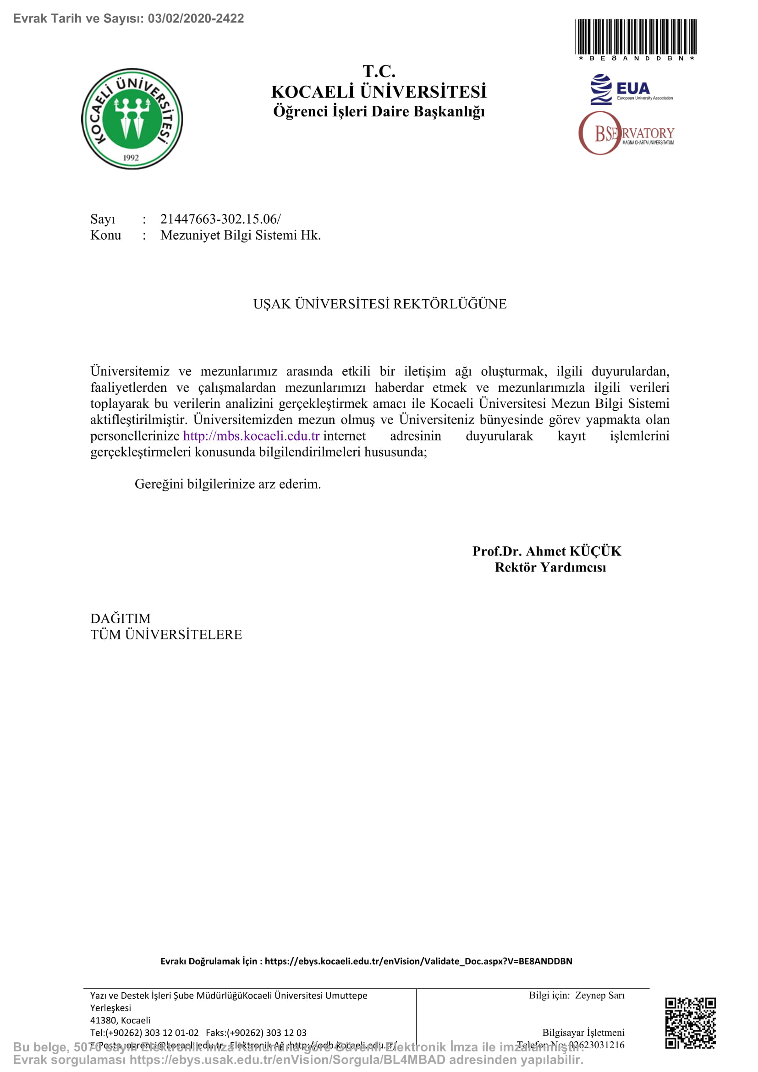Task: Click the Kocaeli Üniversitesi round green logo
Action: pyautogui.click(x=132, y=119)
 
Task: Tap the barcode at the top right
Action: pyautogui.click(x=636, y=37)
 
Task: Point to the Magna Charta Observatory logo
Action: pyautogui.click(x=626, y=133)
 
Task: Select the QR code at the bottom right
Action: pyautogui.click(x=690, y=1023)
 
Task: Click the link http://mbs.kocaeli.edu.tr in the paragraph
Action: pyautogui.click(x=251, y=436)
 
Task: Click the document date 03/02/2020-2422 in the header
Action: pyautogui.click(x=196, y=19)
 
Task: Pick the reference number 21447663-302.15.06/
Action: pyautogui.click(x=220, y=219)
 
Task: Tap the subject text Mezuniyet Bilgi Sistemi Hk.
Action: pyautogui.click(x=241, y=235)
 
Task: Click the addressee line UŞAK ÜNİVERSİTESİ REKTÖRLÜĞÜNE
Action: pyautogui.click(x=379, y=304)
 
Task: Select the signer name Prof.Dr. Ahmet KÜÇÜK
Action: pyautogui.click(x=547, y=551)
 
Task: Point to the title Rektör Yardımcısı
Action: pyautogui.click(x=550, y=567)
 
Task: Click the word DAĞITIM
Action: pyautogui.click(x=121, y=619)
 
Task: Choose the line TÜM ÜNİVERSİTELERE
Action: pyautogui.click(x=166, y=635)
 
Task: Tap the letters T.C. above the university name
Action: pyautogui.click(x=379, y=71)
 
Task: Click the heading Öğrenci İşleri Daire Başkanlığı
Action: pyautogui.click(x=379, y=111)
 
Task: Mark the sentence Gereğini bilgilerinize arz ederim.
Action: pyautogui.click(x=228, y=484)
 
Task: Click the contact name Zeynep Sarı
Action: pyautogui.click(x=599, y=995)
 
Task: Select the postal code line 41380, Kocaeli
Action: pyautogui.click(x=121, y=1020)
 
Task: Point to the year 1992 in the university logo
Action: pyautogui.click(x=131, y=158)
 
